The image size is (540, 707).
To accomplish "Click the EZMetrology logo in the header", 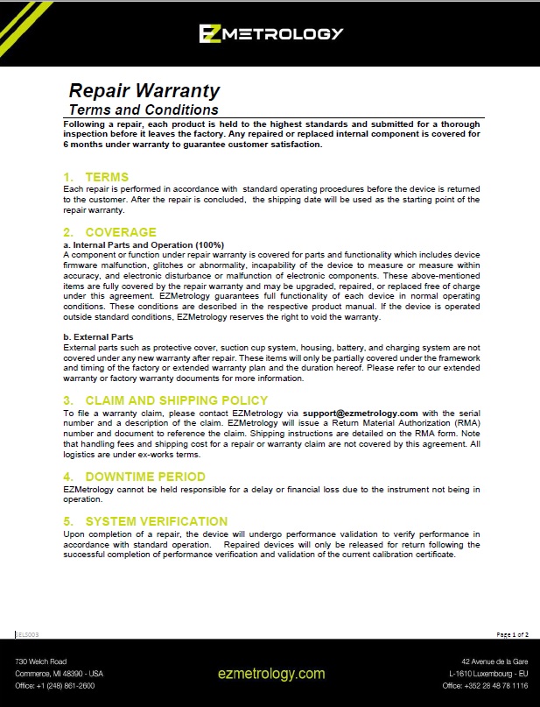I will click(x=270, y=34).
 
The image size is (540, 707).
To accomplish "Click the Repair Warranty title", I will click(x=144, y=90).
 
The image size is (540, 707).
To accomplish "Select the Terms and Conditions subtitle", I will click(x=144, y=110).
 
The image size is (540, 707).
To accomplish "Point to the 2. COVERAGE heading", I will click(x=109, y=232).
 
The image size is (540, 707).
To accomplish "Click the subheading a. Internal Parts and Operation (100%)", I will click(x=144, y=244).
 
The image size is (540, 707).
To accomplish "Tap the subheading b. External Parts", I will click(x=99, y=336).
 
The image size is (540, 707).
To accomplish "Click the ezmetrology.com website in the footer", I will click(x=271, y=674).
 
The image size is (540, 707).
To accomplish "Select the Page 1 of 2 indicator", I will click(x=512, y=633).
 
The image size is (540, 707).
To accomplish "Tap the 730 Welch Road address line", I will click(x=40, y=661).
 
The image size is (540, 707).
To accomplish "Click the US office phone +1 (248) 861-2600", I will click(x=55, y=686).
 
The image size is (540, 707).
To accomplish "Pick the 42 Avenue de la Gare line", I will click(x=494, y=661).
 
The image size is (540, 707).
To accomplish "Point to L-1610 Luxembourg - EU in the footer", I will click(x=488, y=673).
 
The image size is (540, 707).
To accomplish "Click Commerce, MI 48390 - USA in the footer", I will click(x=60, y=673).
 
